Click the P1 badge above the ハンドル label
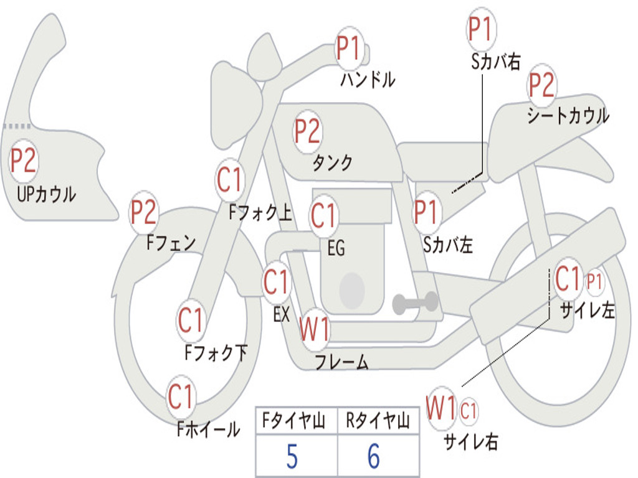point(349,48)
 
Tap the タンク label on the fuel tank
point(332,163)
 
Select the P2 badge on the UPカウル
point(24,161)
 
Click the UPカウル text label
point(46,194)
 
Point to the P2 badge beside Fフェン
point(143,213)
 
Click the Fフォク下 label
point(216,353)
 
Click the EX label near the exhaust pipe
point(282,314)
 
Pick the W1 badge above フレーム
point(315,330)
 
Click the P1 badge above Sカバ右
point(480,30)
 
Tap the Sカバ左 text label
point(448,245)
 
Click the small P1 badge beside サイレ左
point(595,282)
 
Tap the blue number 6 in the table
point(374,457)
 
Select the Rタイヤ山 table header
point(378,423)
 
